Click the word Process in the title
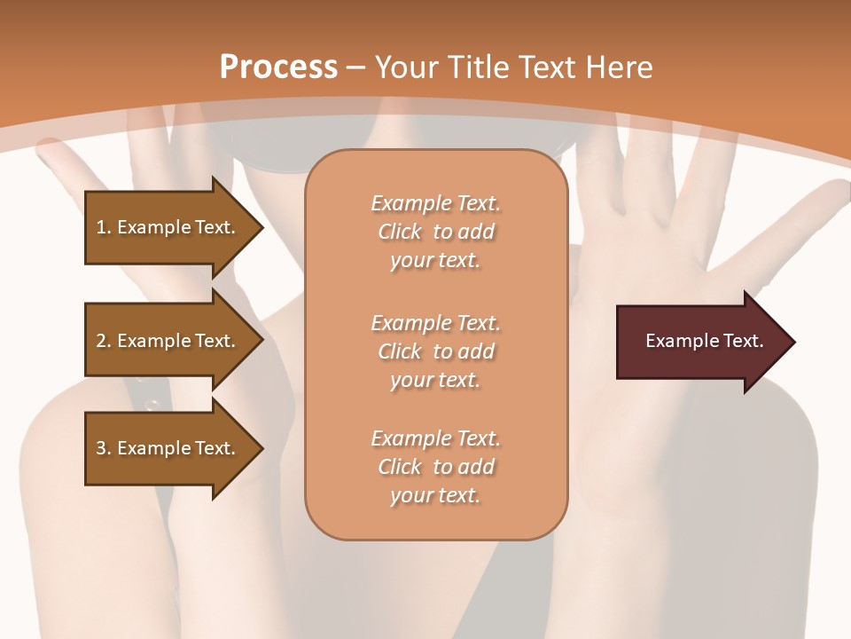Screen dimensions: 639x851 [x=278, y=67]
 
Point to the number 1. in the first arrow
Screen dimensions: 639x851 [x=104, y=227]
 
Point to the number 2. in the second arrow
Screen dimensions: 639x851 [x=104, y=341]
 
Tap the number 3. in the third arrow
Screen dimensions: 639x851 [x=104, y=448]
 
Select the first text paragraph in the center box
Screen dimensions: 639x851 [x=435, y=232]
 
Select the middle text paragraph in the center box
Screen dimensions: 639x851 [x=435, y=351]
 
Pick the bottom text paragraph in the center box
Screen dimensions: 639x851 [x=435, y=467]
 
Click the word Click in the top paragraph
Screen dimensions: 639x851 [x=400, y=232]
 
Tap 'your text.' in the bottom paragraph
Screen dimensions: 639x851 [x=435, y=496]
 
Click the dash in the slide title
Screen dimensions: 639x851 [x=356, y=67]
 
